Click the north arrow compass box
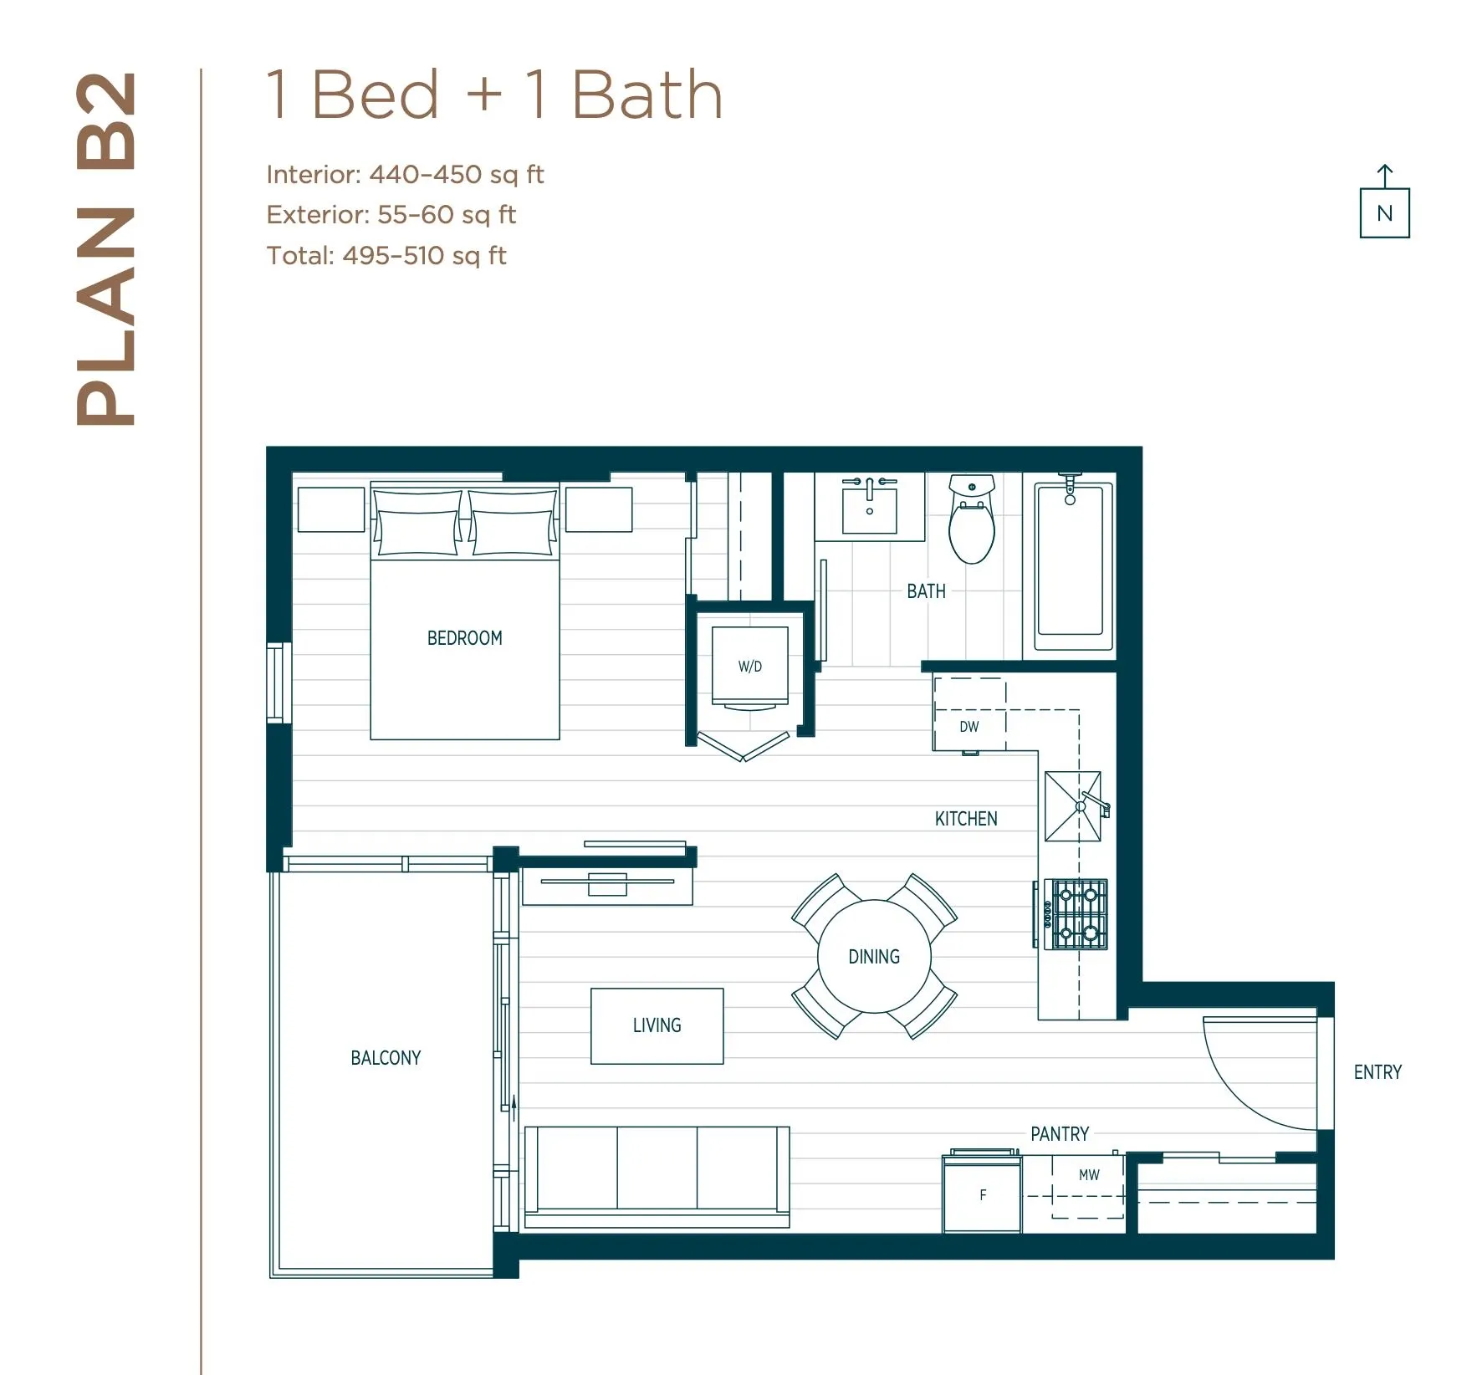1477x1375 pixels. tap(1384, 213)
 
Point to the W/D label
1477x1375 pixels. tap(749, 667)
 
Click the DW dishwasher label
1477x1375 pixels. tap(968, 726)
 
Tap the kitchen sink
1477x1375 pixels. tap(1072, 806)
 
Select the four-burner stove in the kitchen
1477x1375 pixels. tap(1079, 913)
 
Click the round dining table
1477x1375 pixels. tap(874, 956)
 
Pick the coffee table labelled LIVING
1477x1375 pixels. tap(657, 1025)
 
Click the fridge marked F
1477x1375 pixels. tap(982, 1195)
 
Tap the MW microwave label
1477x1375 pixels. tap(1089, 1175)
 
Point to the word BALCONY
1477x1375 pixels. tap(386, 1058)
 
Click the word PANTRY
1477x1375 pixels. tap(1059, 1134)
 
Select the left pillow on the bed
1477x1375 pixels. tap(417, 523)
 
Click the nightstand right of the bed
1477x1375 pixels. tap(598, 509)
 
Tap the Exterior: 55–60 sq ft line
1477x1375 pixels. tap(391, 215)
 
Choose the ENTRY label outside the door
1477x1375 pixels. tap(1377, 1072)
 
